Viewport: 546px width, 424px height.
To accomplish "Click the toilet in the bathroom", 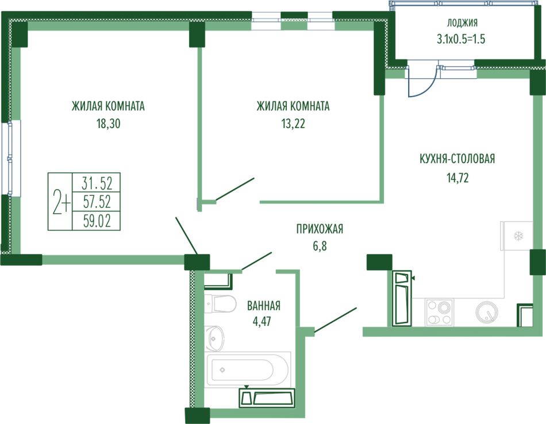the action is pos(220,303).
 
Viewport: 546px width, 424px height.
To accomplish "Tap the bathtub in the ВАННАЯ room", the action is pos(247,369).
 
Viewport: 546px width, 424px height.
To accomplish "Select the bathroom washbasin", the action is pos(214,338).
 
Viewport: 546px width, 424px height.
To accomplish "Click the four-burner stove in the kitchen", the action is pos(439,312).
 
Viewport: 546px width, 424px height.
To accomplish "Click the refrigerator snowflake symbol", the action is pos(518,236).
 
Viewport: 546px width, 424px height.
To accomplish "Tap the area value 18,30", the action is pos(108,124).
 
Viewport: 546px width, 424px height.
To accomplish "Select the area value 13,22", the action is pos(293,124).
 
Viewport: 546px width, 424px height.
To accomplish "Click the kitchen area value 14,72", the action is pos(457,178).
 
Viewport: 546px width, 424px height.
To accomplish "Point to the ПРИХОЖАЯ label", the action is pos(320,229).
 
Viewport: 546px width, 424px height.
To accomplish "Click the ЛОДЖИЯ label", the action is pos(463,23).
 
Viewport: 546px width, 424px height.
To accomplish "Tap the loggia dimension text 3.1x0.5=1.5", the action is pos(461,39).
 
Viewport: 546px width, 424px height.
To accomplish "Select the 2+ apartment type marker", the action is pos(61,202).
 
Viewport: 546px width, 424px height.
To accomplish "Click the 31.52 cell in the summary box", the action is pos(97,183).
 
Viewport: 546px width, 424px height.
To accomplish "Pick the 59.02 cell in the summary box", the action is pos(97,221).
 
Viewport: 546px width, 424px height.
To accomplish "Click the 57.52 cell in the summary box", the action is pos(97,202).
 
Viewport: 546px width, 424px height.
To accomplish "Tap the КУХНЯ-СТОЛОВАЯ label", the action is pos(457,159).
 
